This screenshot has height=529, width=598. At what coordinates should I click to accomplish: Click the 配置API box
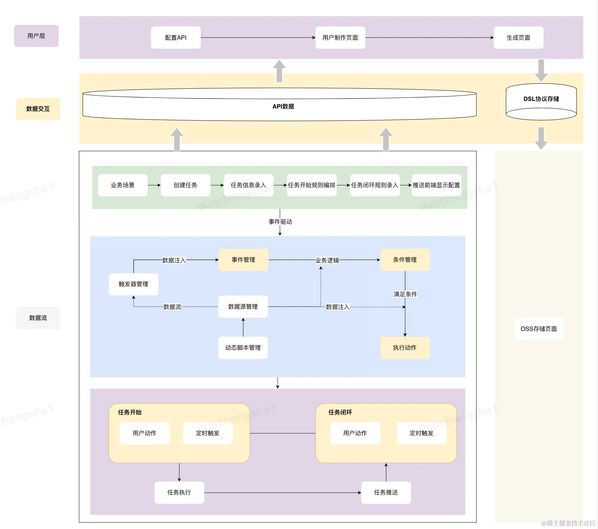click(x=176, y=38)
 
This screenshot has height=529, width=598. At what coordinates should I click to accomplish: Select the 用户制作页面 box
click(x=340, y=38)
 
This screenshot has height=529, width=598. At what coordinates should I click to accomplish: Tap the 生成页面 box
click(x=519, y=38)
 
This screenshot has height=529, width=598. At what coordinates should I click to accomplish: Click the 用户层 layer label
click(x=36, y=36)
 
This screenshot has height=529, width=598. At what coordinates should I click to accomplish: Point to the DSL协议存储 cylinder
click(x=541, y=102)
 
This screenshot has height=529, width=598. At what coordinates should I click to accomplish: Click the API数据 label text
click(x=283, y=106)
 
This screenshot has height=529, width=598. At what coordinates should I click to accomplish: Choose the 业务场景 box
click(x=123, y=185)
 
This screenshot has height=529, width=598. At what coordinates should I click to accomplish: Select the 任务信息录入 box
click(x=249, y=185)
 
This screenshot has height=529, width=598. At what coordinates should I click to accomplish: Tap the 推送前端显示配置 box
click(x=437, y=185)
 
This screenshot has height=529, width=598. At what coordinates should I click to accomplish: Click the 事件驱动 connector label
click(x=281, y=222)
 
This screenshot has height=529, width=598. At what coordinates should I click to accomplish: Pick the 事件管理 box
click(x=244, y=260)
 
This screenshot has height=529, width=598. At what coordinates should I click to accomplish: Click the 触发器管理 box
click(x=133, y=284)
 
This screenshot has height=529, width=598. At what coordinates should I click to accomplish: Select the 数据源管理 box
click(x=243, y=307)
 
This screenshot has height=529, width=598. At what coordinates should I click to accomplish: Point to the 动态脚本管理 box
click(x=243, y=348)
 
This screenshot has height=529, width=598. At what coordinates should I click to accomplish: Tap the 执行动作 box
click(x=405, y=348)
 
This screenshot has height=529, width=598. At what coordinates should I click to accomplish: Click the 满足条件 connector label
click(x=405, y=294)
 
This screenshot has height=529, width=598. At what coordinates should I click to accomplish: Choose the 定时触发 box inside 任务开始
click(x=208, y=433)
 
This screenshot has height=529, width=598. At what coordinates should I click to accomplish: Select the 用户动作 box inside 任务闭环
click(x=355, y=433)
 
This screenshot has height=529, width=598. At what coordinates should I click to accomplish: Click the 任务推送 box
click(x=386, y=492)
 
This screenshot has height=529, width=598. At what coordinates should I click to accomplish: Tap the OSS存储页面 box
click(x=539, y=329)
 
